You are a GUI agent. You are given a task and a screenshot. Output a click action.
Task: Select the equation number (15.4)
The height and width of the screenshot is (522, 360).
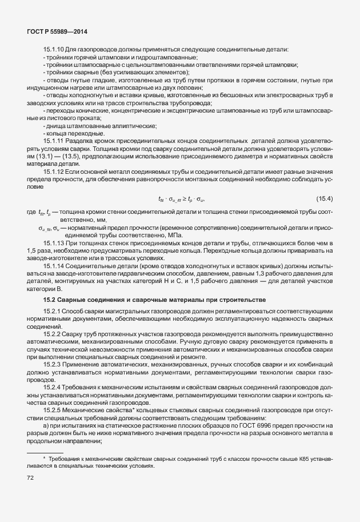tap(324, 199)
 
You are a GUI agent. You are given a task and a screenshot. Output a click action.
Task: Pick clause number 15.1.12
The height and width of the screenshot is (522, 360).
tap(53, 172)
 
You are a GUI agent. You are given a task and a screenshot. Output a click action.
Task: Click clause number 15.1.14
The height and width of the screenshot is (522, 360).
tap(53, 266)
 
